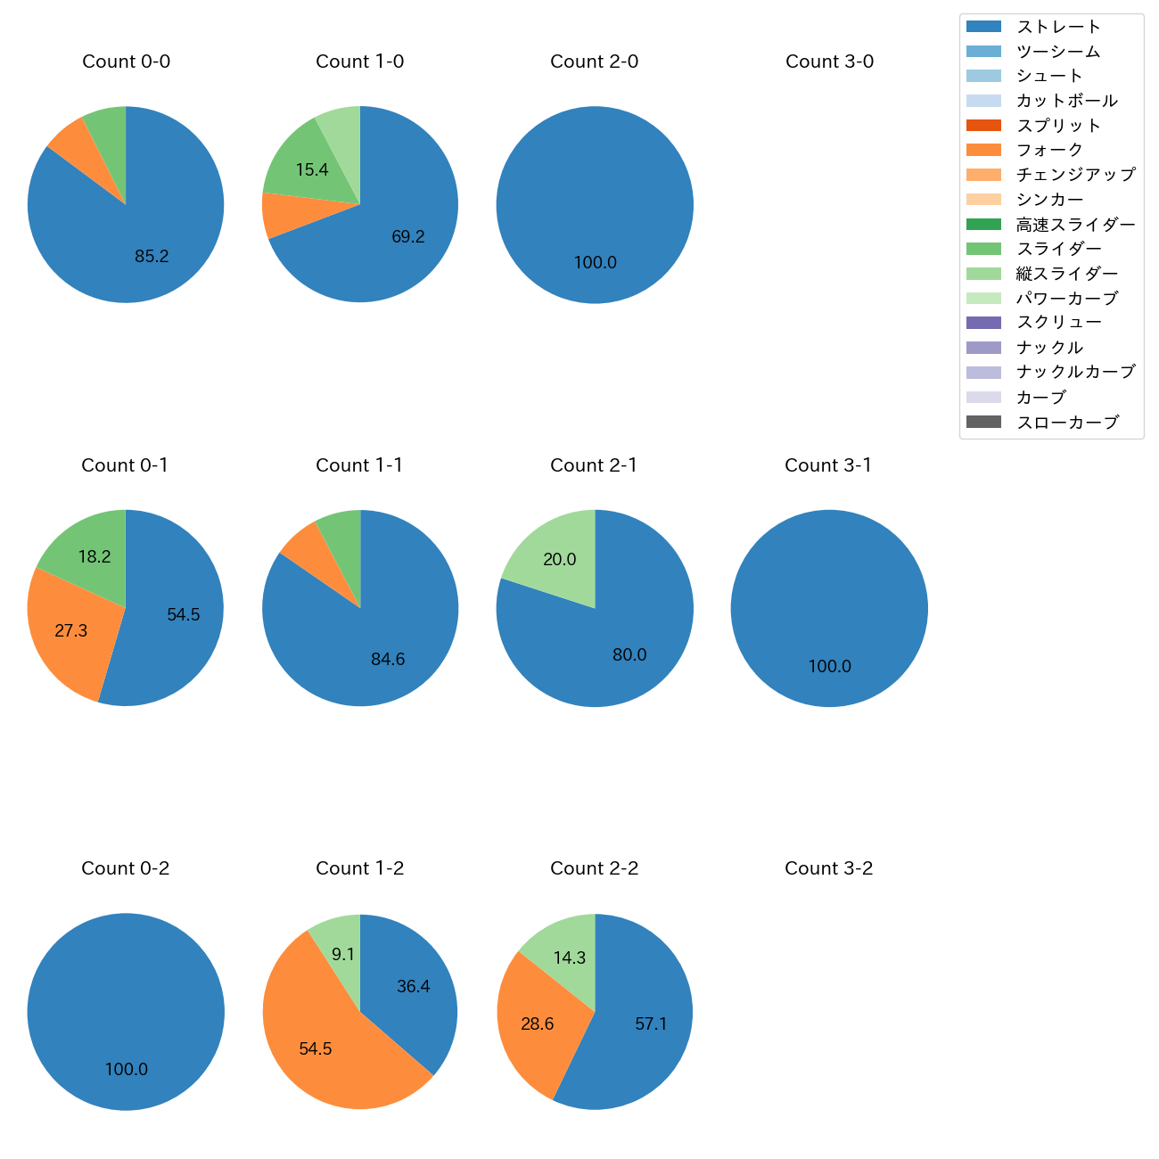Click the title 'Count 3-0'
(829, 62)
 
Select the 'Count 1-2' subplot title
(359, 868)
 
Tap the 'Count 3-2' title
(828, 868)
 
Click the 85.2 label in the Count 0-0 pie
(152, 257)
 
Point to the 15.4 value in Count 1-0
(312, 170)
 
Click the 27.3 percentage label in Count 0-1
(71, 631)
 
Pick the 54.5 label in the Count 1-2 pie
(316, 1049)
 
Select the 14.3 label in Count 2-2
(569, 958)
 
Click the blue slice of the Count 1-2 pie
(410, 981)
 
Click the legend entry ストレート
(1058, 27)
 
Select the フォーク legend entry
(1049, 150)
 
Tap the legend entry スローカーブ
(1067, 423)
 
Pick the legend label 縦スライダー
(1067, 274)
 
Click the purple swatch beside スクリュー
(983, 323)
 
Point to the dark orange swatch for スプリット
(983, 126)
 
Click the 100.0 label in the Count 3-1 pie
(829, 667)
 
